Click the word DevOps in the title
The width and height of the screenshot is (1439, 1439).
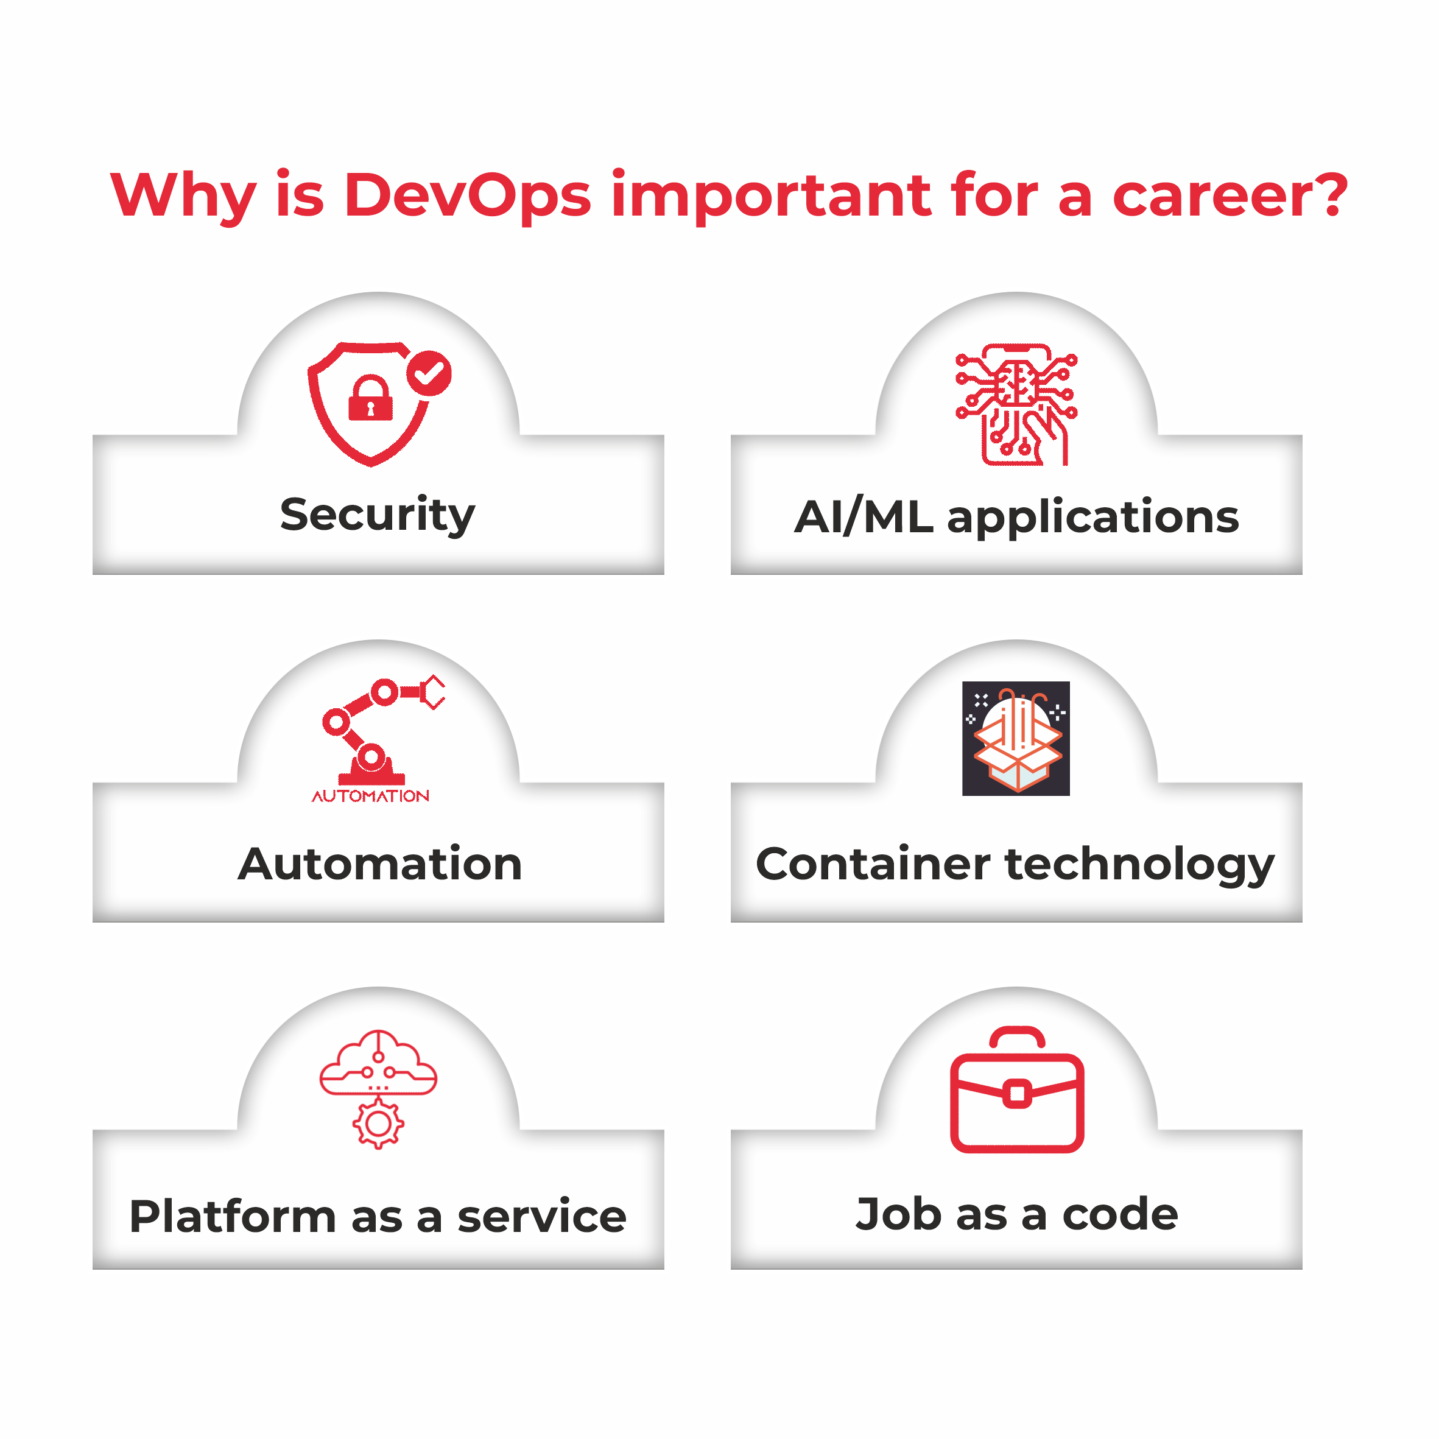tap(467, 196)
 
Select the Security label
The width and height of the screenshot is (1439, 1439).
tap(378, 515)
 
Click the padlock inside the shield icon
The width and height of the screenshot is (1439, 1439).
tap(370, 398)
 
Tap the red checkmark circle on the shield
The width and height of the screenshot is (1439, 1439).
tap(428, 373)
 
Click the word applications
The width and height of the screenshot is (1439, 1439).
tap(1092, 518)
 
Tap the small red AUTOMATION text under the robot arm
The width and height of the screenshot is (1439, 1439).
tap(370, 796)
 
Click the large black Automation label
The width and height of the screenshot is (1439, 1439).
tap(380, 864)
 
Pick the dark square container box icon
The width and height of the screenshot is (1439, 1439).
tap(1016, 738)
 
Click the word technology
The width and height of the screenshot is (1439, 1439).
tap(1139, 865)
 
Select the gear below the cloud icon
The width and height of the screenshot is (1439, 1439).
tap(378, 1124)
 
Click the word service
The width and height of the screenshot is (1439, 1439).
tap(541, 1217)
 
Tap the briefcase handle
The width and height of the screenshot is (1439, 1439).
tap(1017, 1038)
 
